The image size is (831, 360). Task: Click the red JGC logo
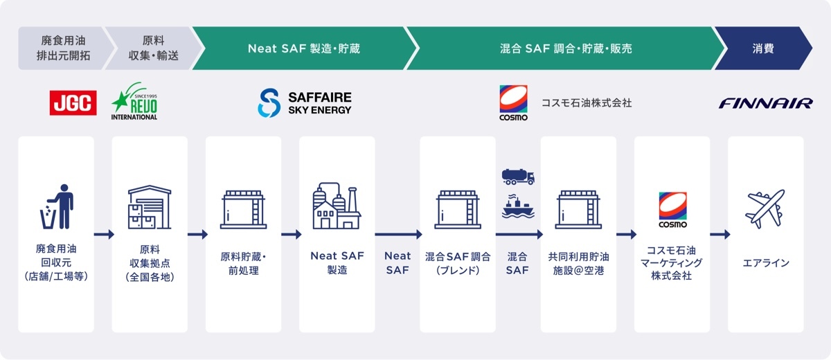point(73,102)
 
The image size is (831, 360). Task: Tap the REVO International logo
point(134,101)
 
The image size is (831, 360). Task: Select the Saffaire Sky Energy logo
point(305,102)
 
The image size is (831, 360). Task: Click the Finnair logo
point(766,103)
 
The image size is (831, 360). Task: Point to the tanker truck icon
point(518,177)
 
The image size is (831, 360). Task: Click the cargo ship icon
point(518,206)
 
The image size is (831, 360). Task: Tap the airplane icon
point(765,209)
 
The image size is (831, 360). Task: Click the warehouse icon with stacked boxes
point(150,207)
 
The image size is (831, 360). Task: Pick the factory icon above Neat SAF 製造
point(337,206)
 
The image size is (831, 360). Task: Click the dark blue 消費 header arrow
point(763,48)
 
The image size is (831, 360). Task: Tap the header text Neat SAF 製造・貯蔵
point(304,48)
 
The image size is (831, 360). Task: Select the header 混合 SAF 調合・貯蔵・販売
point(566,48)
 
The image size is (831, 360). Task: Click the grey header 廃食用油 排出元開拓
point(64,48)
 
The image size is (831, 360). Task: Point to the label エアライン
point(765,263)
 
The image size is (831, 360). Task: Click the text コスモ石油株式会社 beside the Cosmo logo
point(587,102)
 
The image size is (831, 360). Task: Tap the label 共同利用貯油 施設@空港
point(578,264)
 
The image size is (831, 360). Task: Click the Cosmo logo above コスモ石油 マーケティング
point(672,210)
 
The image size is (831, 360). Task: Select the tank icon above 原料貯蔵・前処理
point(243,210)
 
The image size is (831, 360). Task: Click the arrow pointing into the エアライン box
point(720,234)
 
